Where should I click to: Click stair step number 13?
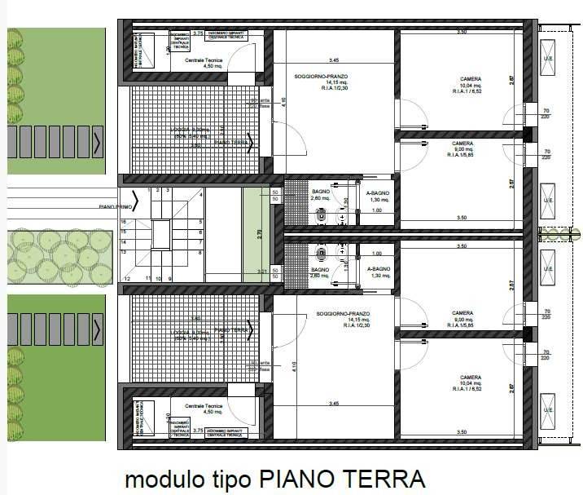point(125,253)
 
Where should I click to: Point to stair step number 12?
point(128,279)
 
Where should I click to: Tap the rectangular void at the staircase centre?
point(161,234)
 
